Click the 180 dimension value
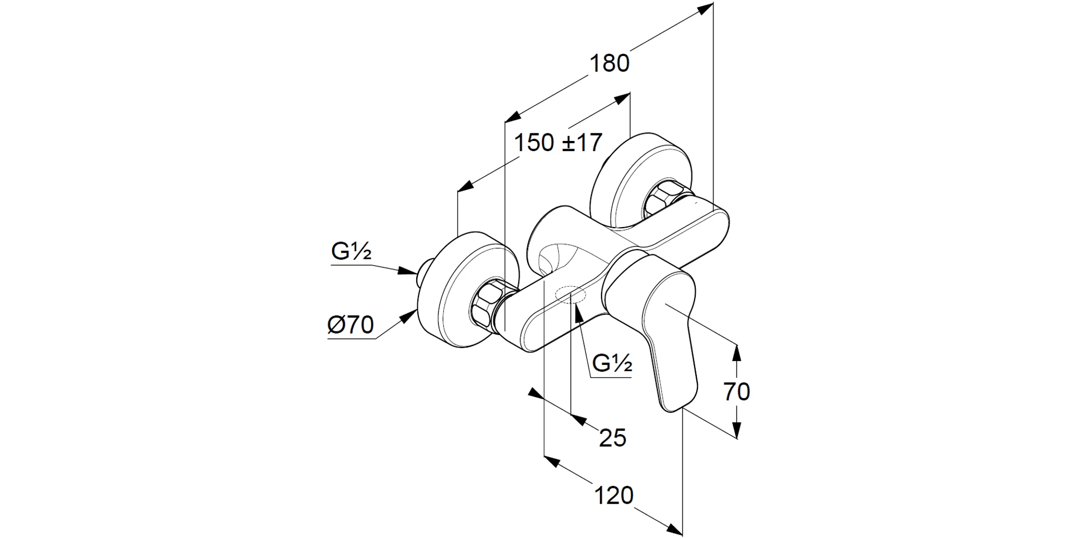click(x=610, y=63)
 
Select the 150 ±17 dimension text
click(x=558, y=143)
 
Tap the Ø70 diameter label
click(x=350, y=325)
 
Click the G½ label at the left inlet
click(x=351, y=251)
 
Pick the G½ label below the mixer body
click(x=612, y=364)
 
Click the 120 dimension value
click(x=614, y=495)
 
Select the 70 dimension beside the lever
click(x=737, y=392)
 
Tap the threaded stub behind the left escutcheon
click(x=425, y=269)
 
